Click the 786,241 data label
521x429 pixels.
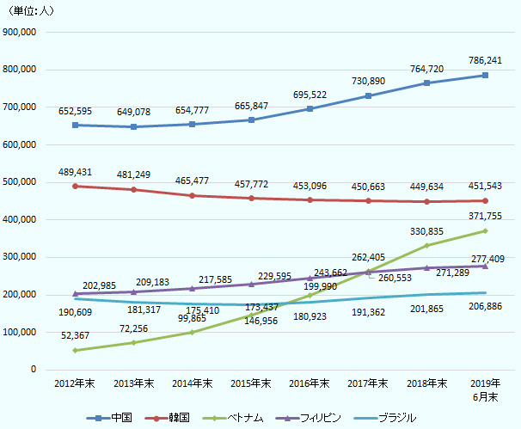485,62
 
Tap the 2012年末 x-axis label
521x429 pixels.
75,383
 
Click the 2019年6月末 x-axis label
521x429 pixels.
485,389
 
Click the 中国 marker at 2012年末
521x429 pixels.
76,126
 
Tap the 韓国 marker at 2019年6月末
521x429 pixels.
485,200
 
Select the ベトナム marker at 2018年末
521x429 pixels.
426,246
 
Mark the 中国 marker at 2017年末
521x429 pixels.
368,95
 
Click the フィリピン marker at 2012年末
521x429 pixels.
76,294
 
